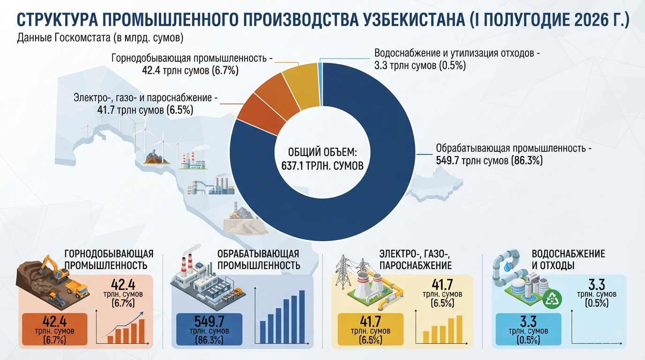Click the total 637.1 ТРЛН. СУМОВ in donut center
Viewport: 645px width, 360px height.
[322, 166]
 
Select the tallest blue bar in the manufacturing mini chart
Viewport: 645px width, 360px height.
[302, 316]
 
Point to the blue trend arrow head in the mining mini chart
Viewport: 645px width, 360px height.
[142, 314]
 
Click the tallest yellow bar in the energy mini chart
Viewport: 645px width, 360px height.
[459, 329]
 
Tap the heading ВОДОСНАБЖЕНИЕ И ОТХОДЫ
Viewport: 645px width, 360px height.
[568, 259]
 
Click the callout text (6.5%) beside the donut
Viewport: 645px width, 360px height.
[180, 110]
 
